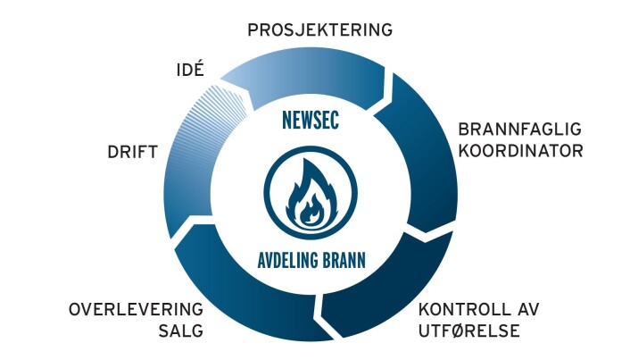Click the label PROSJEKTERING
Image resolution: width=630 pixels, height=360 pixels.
(x=319, y=29)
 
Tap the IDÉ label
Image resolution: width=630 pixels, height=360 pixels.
(x=190, y=69)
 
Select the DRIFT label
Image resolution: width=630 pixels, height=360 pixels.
(x=133, y=152)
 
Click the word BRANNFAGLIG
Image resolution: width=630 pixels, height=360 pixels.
(x=520, y=130)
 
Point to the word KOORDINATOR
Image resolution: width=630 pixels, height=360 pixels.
(x=521, y=151)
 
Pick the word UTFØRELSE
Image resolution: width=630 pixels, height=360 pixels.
(x=469, y=331)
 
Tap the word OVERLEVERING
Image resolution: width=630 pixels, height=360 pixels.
(x=136, y=310)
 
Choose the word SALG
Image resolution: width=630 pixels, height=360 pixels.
(x=181, y=331)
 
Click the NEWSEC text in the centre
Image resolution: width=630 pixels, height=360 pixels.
(x=311, y=120)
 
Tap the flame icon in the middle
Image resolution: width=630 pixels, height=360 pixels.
(x=311, y=193)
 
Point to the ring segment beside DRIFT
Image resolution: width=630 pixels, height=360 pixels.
(x=187, y=185)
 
